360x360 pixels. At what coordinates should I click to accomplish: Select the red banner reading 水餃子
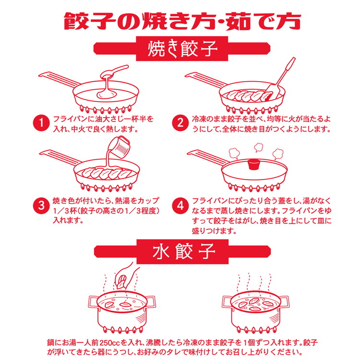(180, 251)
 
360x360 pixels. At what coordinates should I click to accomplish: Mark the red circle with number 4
(180, 205)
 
